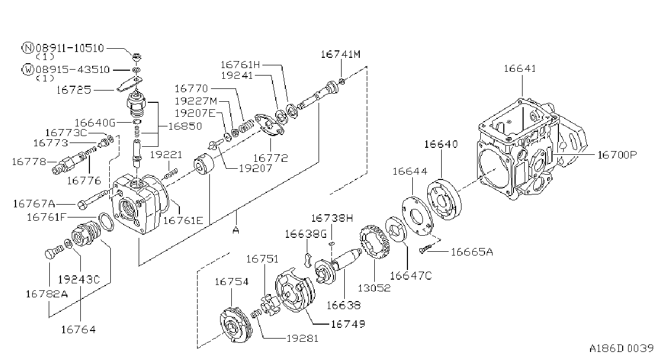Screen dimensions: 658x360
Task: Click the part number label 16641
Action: tap(520, 69)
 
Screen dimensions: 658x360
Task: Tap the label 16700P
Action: tap(617, 155)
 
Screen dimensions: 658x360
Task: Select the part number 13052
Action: tap(374, 288)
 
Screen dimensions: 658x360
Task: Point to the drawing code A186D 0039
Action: tap(621, 348)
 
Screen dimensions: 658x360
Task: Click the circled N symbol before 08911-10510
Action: tap(27, 48)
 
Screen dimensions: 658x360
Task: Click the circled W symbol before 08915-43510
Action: tap(28, 70)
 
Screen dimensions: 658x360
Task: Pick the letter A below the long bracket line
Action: tap(236, 230)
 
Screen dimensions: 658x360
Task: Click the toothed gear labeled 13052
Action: tap(375, 242)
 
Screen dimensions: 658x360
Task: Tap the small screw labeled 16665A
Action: tap(425, 249)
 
